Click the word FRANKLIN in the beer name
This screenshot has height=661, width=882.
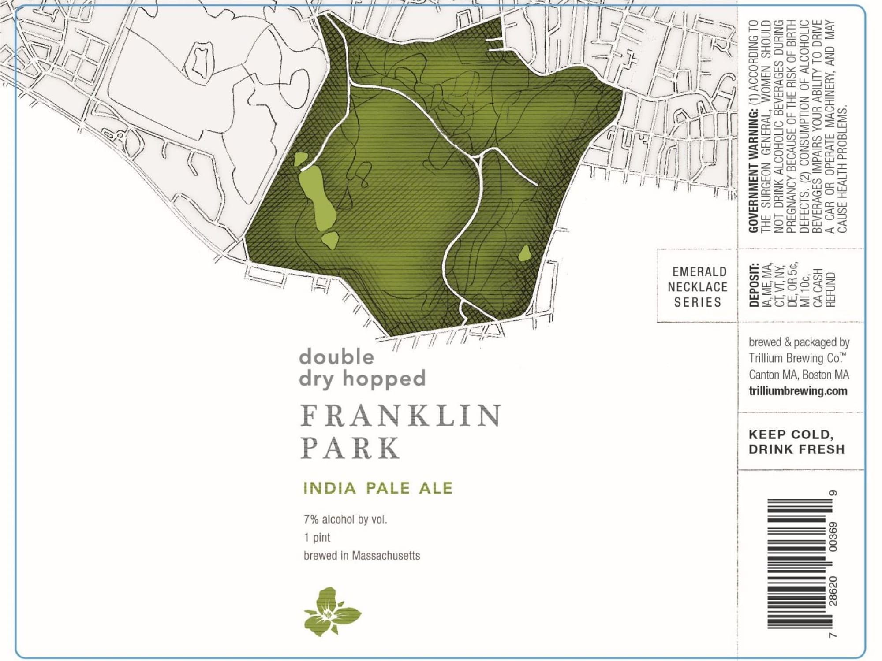400,415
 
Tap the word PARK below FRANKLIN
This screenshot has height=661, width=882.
351,448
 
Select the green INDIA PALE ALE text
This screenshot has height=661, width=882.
378,488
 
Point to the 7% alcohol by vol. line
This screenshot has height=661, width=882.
345,520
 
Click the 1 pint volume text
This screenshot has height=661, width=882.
317,538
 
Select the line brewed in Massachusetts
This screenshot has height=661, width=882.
362,556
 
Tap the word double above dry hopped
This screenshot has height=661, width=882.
336,357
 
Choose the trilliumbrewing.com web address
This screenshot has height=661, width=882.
798,391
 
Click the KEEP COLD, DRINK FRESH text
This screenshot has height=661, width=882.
796,442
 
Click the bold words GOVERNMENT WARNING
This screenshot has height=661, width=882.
754,172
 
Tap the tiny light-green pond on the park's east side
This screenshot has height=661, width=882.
524,253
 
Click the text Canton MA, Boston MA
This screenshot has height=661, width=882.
799,375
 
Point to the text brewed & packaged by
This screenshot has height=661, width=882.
799,342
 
